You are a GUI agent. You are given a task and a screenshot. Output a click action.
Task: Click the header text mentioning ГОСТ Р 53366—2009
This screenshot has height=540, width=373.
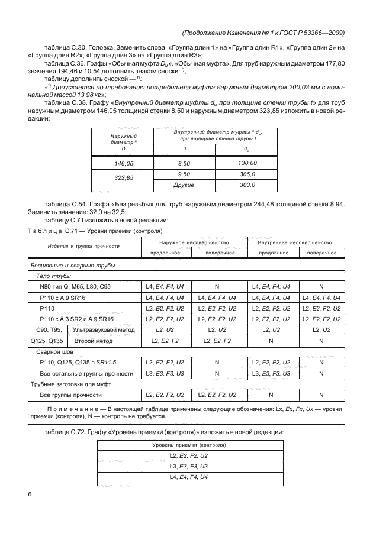pos(264,33)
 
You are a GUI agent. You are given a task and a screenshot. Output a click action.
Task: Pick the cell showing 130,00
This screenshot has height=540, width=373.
pos(247,162)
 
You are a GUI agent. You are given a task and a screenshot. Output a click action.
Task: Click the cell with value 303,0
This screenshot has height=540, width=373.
pos(247,185)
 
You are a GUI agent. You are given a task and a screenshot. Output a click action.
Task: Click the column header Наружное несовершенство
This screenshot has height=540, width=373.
pos(191,243)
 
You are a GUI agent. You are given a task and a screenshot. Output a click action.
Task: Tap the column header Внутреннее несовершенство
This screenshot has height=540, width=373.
pos(294,243)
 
